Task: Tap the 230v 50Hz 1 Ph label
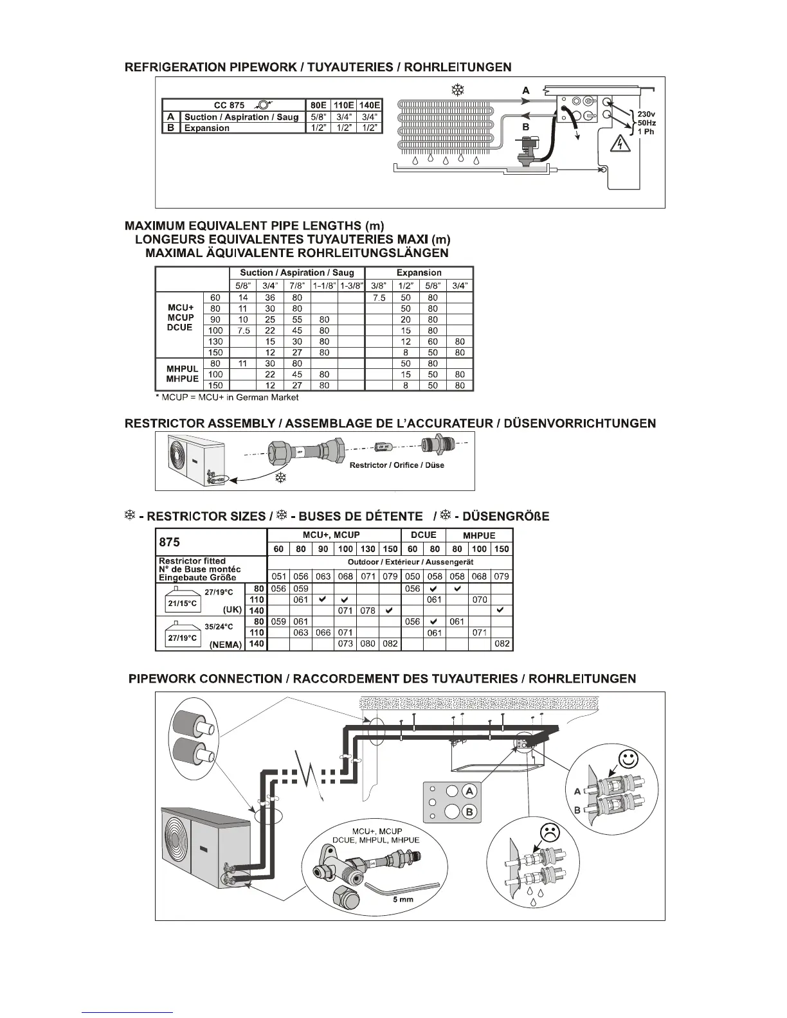point(646,122)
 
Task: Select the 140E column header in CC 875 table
point(370,105)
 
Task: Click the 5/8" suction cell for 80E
point(318,117)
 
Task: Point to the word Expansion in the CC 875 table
point(206,128)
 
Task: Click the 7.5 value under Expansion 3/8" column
point(379,298)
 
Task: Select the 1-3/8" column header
point(352,285)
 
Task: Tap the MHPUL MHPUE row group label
point(182,374)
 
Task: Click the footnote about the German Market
point(227,397)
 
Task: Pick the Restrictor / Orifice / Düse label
point(396,465)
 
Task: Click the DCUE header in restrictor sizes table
point(423,535)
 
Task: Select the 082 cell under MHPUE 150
point(502,643)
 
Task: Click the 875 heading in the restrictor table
point(169,542)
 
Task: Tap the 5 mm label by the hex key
point(403,899)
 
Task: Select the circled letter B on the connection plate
point(469,812)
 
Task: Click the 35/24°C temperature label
point(219,627)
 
